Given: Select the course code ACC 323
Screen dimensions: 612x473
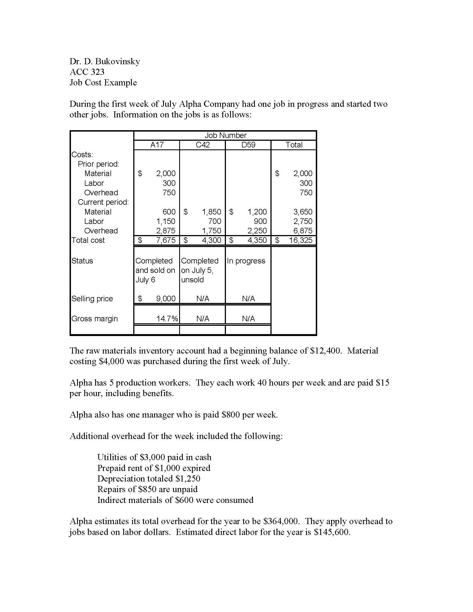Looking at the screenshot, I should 87,72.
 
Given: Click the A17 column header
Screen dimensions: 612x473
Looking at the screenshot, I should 157,145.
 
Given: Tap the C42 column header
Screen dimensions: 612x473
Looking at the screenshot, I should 202,145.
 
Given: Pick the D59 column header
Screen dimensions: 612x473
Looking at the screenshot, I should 248,145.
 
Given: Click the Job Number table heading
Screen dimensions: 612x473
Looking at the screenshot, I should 225,135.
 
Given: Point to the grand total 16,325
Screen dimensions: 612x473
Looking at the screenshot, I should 300,240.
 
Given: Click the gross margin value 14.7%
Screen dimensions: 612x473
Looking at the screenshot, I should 167,319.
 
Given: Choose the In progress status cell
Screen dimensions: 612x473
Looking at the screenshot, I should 246,261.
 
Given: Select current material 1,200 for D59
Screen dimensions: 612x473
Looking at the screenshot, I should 257,212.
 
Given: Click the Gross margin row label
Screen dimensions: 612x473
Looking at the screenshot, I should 94,319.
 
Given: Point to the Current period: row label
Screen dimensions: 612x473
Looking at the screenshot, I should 103,202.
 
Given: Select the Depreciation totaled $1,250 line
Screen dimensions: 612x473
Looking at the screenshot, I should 149,478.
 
